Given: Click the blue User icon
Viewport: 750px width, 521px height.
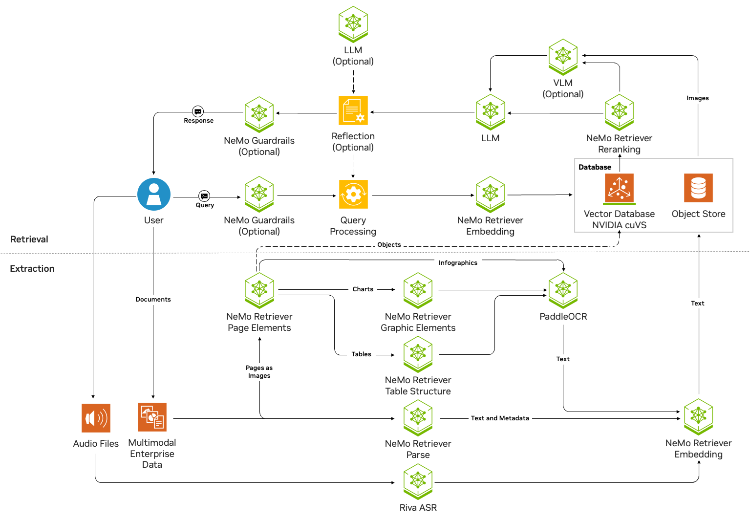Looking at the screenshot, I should point(154,194).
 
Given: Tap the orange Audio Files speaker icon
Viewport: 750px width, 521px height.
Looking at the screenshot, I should point(96,418).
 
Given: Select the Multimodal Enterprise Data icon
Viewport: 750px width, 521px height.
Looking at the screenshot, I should point(152,417).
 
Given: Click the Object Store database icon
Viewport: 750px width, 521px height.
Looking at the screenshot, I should point(698,188).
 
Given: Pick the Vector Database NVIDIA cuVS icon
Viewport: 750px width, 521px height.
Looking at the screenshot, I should point(619,188).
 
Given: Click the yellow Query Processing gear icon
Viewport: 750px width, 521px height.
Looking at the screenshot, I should point(353,195).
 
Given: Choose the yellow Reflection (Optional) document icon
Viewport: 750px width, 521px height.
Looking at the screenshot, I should point(353,110).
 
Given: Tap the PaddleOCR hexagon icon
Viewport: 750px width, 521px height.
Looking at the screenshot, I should point(563,289).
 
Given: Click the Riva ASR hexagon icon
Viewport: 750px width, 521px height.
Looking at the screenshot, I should point(418,481).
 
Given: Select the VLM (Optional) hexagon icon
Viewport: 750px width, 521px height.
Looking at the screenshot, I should point(563,56).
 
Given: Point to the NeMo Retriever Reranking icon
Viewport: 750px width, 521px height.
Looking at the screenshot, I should point(619,111).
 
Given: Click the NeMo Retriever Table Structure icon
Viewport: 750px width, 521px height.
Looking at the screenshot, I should point(418,353).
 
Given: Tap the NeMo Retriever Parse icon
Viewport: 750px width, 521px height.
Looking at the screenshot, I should point(418,417).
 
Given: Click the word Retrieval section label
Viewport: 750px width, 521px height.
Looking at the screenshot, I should point(29,239).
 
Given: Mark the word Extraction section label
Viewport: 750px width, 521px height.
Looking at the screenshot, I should point(32,269).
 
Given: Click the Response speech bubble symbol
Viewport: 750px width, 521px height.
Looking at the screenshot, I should point(198,111).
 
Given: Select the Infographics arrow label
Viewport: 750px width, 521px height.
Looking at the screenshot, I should point(458,263).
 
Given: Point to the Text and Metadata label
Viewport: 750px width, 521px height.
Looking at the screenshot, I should point(500,418).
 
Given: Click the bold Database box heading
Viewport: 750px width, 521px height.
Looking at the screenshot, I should point(595,167).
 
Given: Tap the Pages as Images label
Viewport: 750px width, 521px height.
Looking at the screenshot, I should point(259,372).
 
